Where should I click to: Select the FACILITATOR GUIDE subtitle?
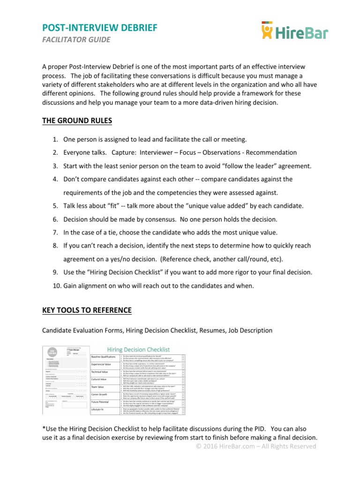click(76, 40)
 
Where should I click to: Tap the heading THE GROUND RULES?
click(77, 121)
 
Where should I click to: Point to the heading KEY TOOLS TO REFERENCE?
click(87, 311)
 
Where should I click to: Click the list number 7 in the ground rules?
click(54, 232)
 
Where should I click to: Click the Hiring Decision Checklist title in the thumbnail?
click(139, 350)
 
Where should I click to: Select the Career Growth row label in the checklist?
click(102, 395)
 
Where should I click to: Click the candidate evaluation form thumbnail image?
click(66, 380)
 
